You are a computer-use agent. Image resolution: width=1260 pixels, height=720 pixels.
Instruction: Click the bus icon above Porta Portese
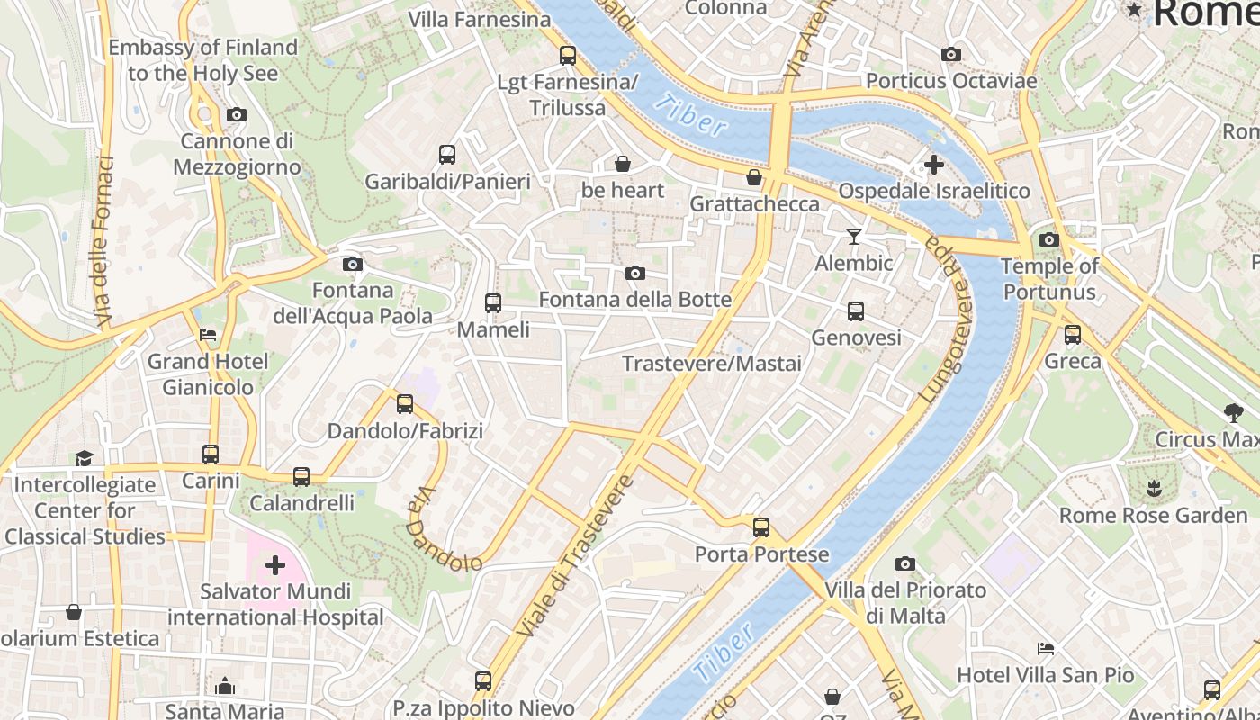[761, 527]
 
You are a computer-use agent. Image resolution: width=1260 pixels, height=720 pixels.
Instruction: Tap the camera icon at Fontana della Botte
[634, 273]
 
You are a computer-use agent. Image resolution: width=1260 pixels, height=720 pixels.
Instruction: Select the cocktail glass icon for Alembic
[853, 237]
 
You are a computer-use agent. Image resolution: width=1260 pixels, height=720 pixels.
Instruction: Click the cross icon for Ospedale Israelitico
[933, 165]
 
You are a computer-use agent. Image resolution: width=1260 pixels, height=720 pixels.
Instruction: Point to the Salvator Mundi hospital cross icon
[275, 565]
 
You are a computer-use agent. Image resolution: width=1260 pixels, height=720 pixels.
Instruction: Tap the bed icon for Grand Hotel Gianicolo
[208, 335]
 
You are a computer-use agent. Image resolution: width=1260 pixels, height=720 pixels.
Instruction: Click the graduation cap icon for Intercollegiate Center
[84, 458]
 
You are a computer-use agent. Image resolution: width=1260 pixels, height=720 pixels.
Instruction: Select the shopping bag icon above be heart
[622, 164]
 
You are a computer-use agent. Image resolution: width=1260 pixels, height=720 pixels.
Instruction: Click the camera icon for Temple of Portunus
[1048, 239]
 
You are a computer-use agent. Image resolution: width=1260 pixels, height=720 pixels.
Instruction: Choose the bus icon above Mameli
[492, 302]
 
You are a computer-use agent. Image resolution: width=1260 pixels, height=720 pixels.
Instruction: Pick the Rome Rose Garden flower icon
[1152, 490]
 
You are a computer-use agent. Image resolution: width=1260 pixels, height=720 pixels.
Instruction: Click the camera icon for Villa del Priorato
[904, 564]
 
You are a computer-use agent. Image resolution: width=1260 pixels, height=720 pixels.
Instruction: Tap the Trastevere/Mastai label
[711, 364]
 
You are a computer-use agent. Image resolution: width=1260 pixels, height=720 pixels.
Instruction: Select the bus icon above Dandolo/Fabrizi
[405, 404]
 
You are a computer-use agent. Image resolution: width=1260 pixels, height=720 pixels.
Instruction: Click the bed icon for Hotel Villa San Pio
[1045, 648]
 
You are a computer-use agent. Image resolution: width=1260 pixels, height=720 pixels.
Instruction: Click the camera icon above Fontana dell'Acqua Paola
[353, 264]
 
